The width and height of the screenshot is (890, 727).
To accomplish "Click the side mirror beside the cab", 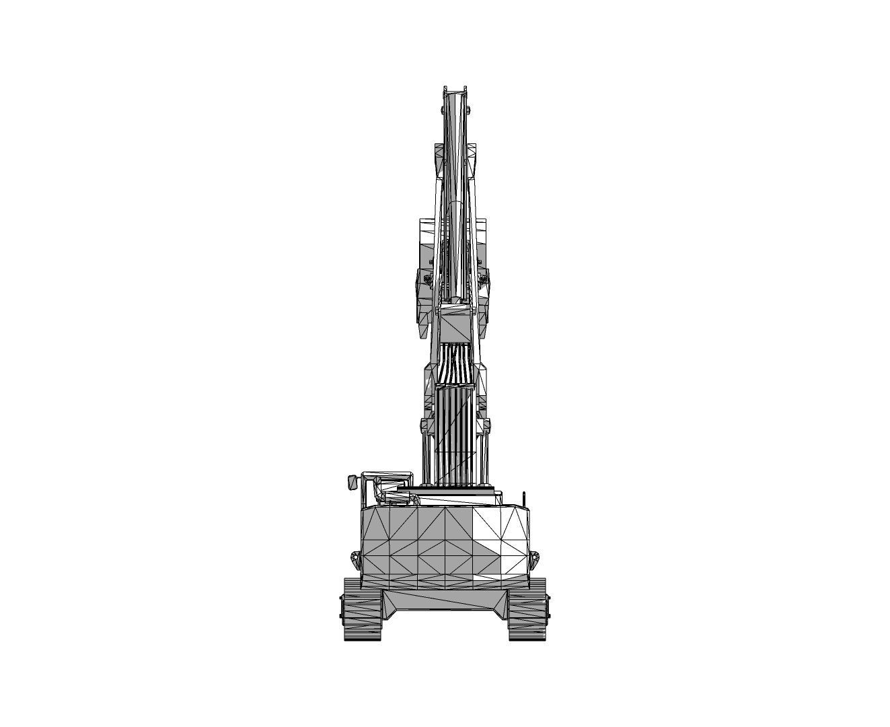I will click(x=351, y=482).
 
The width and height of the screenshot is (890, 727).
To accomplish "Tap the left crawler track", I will click(x=362, y=609).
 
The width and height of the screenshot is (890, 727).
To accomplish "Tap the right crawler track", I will click(x=527, y=609).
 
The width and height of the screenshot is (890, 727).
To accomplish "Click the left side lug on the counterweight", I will click(x=355, y=558).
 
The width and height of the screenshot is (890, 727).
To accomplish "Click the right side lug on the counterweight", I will click(x=535, y=558).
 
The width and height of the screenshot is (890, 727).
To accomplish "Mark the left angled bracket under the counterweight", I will click(x=390, y=602).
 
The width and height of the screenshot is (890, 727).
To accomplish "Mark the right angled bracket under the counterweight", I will click(x=501, y=602).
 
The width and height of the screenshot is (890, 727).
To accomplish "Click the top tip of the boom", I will click(x=454, y=89).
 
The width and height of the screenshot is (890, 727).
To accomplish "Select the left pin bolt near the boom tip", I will click(x=442, y=109).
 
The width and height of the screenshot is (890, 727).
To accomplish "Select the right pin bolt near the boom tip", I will click(x=468, y=109).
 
